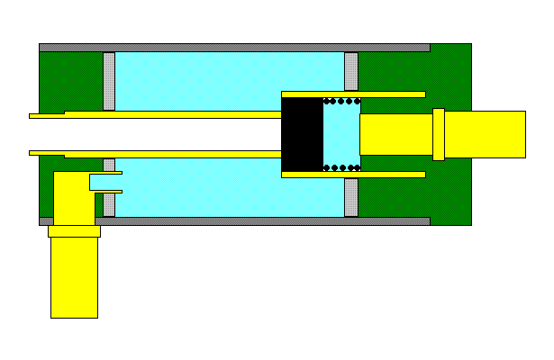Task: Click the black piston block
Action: click(x=302, y=134)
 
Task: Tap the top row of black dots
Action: click(x=342, y=100)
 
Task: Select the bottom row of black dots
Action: click(x=342, y=167)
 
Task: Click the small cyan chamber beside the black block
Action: click(x=341, y=134)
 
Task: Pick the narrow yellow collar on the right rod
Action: click(x=439, y=134)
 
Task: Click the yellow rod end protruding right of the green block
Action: click(x=486, y=134)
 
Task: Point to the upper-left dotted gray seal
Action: click(x=109, y=81)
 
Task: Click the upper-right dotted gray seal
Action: click(x=351, y=71)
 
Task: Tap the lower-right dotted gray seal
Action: click(x=351, y=197)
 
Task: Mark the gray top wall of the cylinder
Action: click(x=234, y=47)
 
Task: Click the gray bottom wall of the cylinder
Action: click(x=234, y=220)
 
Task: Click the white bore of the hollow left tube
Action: click(x=162, y=134)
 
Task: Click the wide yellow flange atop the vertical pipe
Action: click(x=74, y=231)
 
